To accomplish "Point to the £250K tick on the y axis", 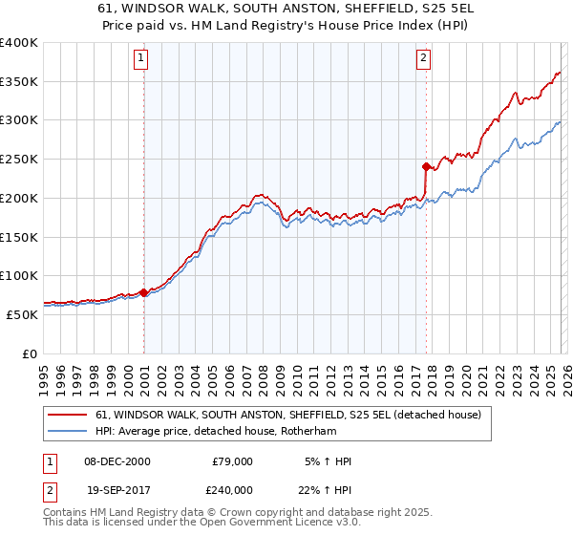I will point(19,160).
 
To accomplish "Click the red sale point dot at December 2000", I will point(144,292).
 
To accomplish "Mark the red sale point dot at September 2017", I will point(426,166).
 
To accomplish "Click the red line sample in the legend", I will point(68,415).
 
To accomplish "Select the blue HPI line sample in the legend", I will point(68,432).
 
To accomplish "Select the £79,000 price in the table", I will point(232,461).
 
